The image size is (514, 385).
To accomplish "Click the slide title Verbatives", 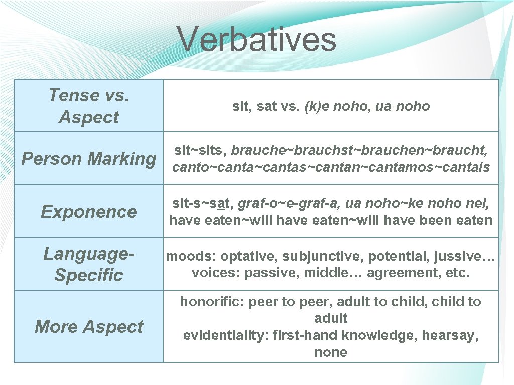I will tap(256, 39).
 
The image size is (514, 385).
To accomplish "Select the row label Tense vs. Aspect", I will tap(89, 106).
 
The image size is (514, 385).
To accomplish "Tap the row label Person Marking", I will tap(89, 159).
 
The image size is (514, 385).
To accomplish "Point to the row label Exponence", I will tap(89, 212).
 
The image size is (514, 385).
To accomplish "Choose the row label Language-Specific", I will tap(89, 264).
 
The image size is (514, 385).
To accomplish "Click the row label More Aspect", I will tap(89, 327).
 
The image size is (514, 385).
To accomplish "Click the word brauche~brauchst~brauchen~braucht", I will tap(359, 150).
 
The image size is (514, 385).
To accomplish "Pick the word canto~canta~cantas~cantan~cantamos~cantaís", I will tap(331, 167).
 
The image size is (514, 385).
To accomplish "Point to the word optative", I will tap(249, 256).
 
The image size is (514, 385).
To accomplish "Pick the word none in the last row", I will tap(331, 352).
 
